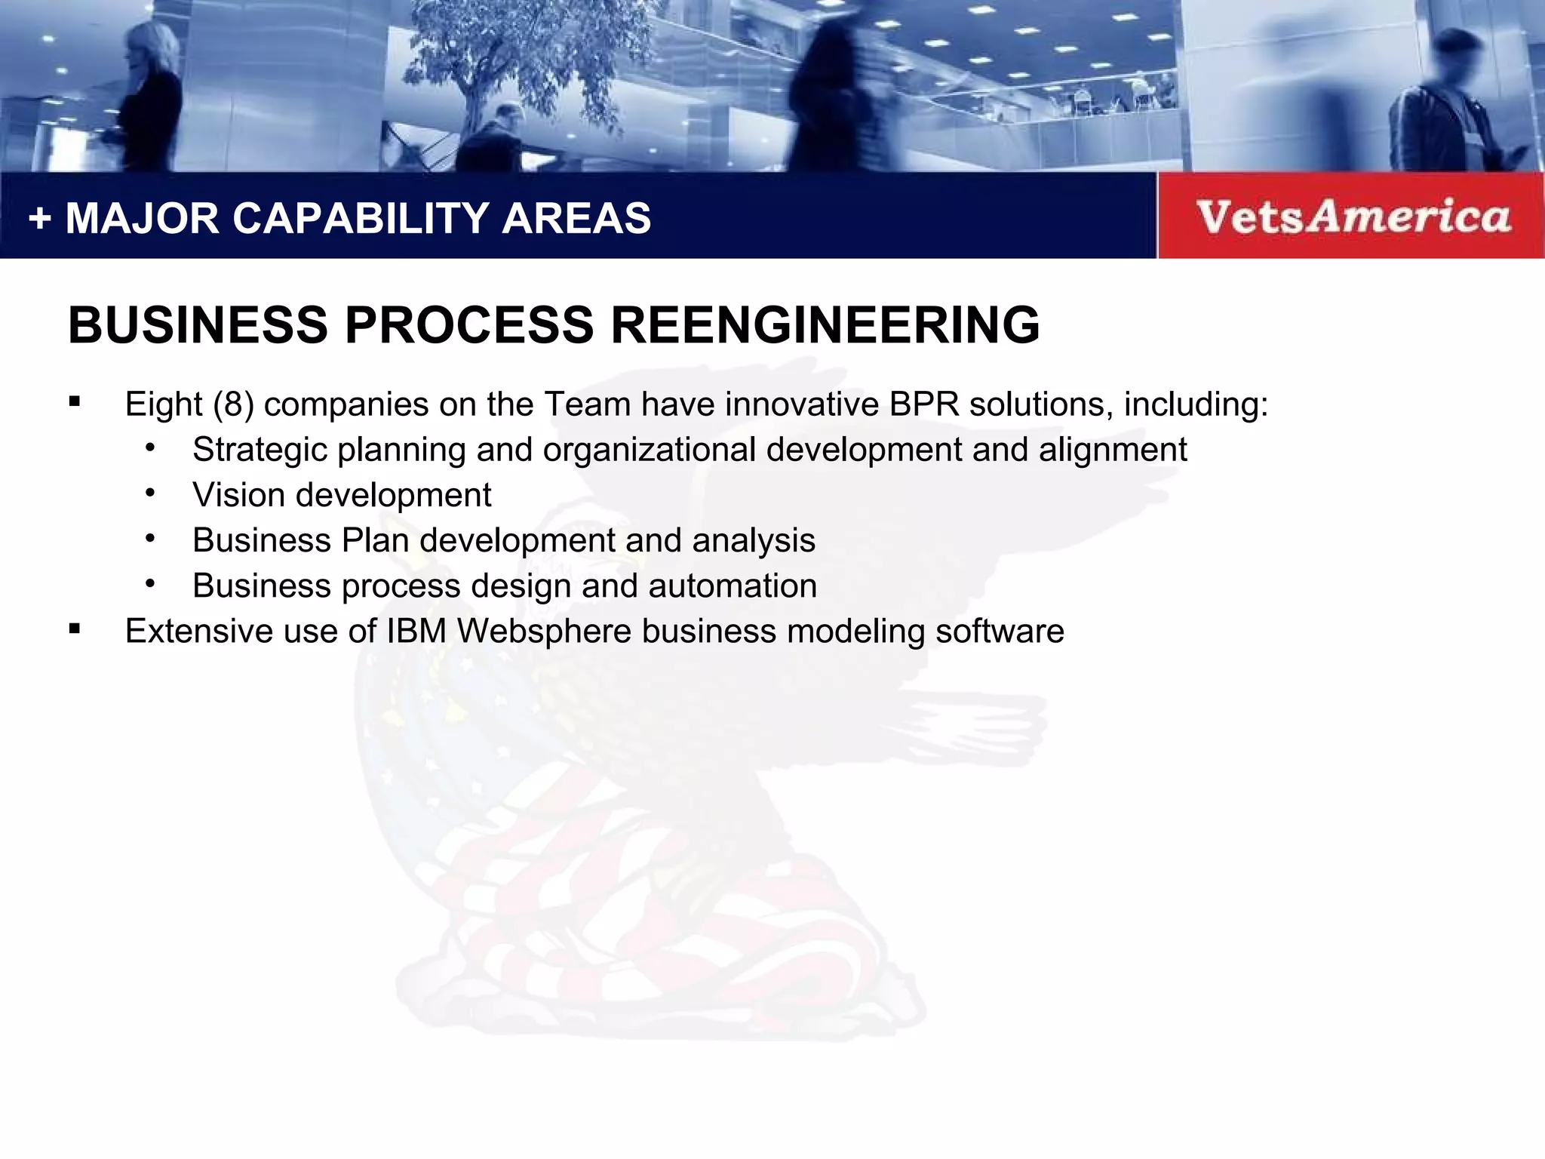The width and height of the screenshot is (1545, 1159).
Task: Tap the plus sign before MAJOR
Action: click(x=39, y=219)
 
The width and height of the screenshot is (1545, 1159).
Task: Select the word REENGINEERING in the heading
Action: click(x=825, y=325)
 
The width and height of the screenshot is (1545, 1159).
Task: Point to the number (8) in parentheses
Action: click(x=233, y=404)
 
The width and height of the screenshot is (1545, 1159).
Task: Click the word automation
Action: click(x=732, y=586)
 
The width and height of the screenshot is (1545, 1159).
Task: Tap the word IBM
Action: click(x=416, y=632)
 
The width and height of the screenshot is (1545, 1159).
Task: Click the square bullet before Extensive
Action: click(x=74, y=629)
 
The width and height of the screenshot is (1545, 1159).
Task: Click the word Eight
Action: click(x=164, y=405)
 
